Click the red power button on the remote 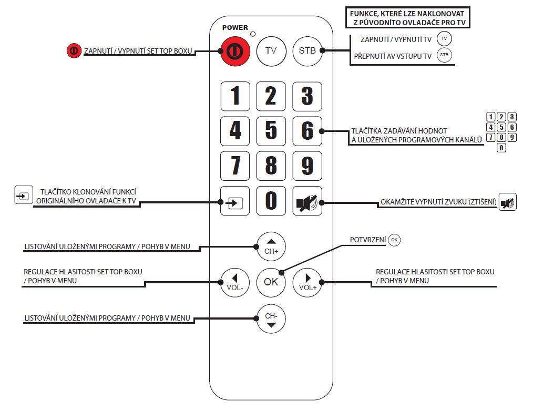coord(235,51)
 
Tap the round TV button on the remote coord(271,51)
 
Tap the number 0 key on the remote coord(271,201)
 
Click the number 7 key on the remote coord(235,166)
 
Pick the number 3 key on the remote coord(307,96)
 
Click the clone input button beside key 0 coord(235,201)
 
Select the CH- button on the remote coord(271,318)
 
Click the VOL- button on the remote coord(234,282)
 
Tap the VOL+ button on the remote coord(307,282)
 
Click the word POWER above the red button coord(235,27)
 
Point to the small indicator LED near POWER coord(253,34)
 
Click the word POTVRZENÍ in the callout coord(368,240)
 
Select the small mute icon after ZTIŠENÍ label coord(508,202)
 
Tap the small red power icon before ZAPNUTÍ coord(73,51)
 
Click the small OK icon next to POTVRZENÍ coord(394,240)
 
